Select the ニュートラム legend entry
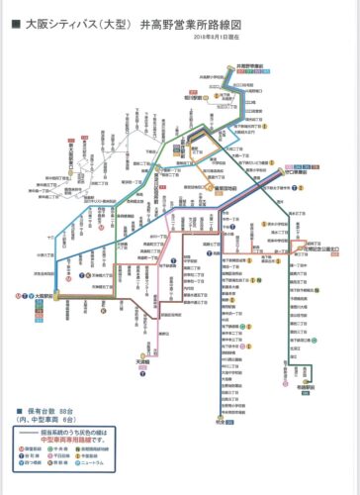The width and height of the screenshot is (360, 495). [x=138, y=464]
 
